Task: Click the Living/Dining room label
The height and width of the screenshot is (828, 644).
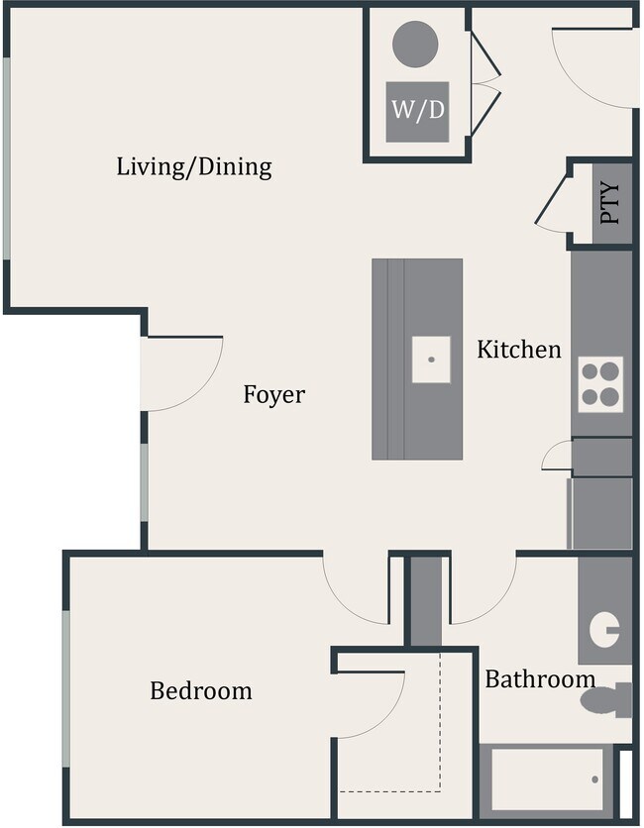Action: [194, 166]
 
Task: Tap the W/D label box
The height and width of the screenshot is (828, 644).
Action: [417, 111]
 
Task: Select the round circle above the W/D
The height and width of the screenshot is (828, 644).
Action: [415, 44]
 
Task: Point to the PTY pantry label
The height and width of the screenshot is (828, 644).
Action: [610, 203]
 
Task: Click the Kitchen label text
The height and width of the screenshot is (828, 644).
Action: [519, 350]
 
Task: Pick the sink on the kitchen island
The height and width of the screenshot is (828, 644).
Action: [432, 359]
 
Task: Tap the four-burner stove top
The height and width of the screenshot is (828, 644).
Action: [600, 384]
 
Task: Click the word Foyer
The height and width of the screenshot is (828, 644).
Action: [274, 395]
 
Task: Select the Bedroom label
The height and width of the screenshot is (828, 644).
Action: [201, 690]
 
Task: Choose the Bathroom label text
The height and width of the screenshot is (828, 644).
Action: [540, 679]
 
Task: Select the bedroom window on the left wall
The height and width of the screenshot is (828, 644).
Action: [65, 688]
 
